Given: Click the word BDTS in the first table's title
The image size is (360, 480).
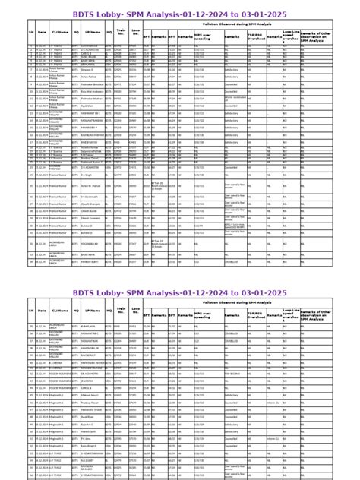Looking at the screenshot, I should click(x=85, y=14).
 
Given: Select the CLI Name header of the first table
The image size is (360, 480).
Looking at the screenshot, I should click(x=57, y=33).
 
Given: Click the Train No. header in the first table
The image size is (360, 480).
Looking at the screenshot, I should click(x=121, y=33).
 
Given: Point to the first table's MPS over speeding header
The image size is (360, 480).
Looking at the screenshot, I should click(x=203, y=34).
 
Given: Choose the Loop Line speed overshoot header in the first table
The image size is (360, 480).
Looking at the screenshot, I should click(x=291, y=34).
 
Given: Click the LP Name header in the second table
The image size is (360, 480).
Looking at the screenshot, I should click(x=93, y=310).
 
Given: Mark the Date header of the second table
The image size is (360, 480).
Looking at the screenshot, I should click(x=42, y=310).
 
